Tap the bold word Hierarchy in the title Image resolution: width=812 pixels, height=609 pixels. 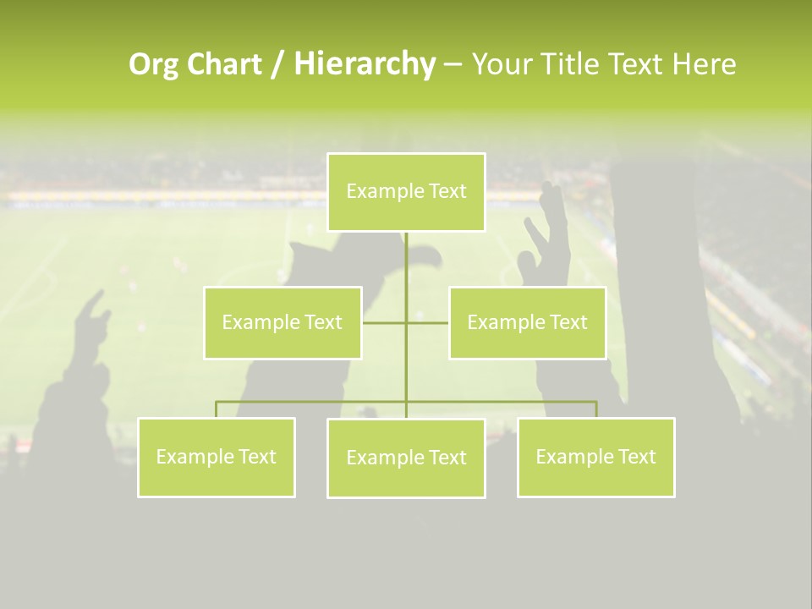(365, 64)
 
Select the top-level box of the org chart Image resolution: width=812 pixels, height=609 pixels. (406, 192)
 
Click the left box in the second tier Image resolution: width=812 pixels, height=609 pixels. (283, 323)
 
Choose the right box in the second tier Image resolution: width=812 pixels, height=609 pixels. (527, 323)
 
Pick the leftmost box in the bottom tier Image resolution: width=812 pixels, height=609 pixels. (217, 458)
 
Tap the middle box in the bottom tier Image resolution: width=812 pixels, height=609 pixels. (406, 458)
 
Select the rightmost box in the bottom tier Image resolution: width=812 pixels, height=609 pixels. (596, 458)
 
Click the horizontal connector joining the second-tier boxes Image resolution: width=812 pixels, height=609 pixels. (427, 322)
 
